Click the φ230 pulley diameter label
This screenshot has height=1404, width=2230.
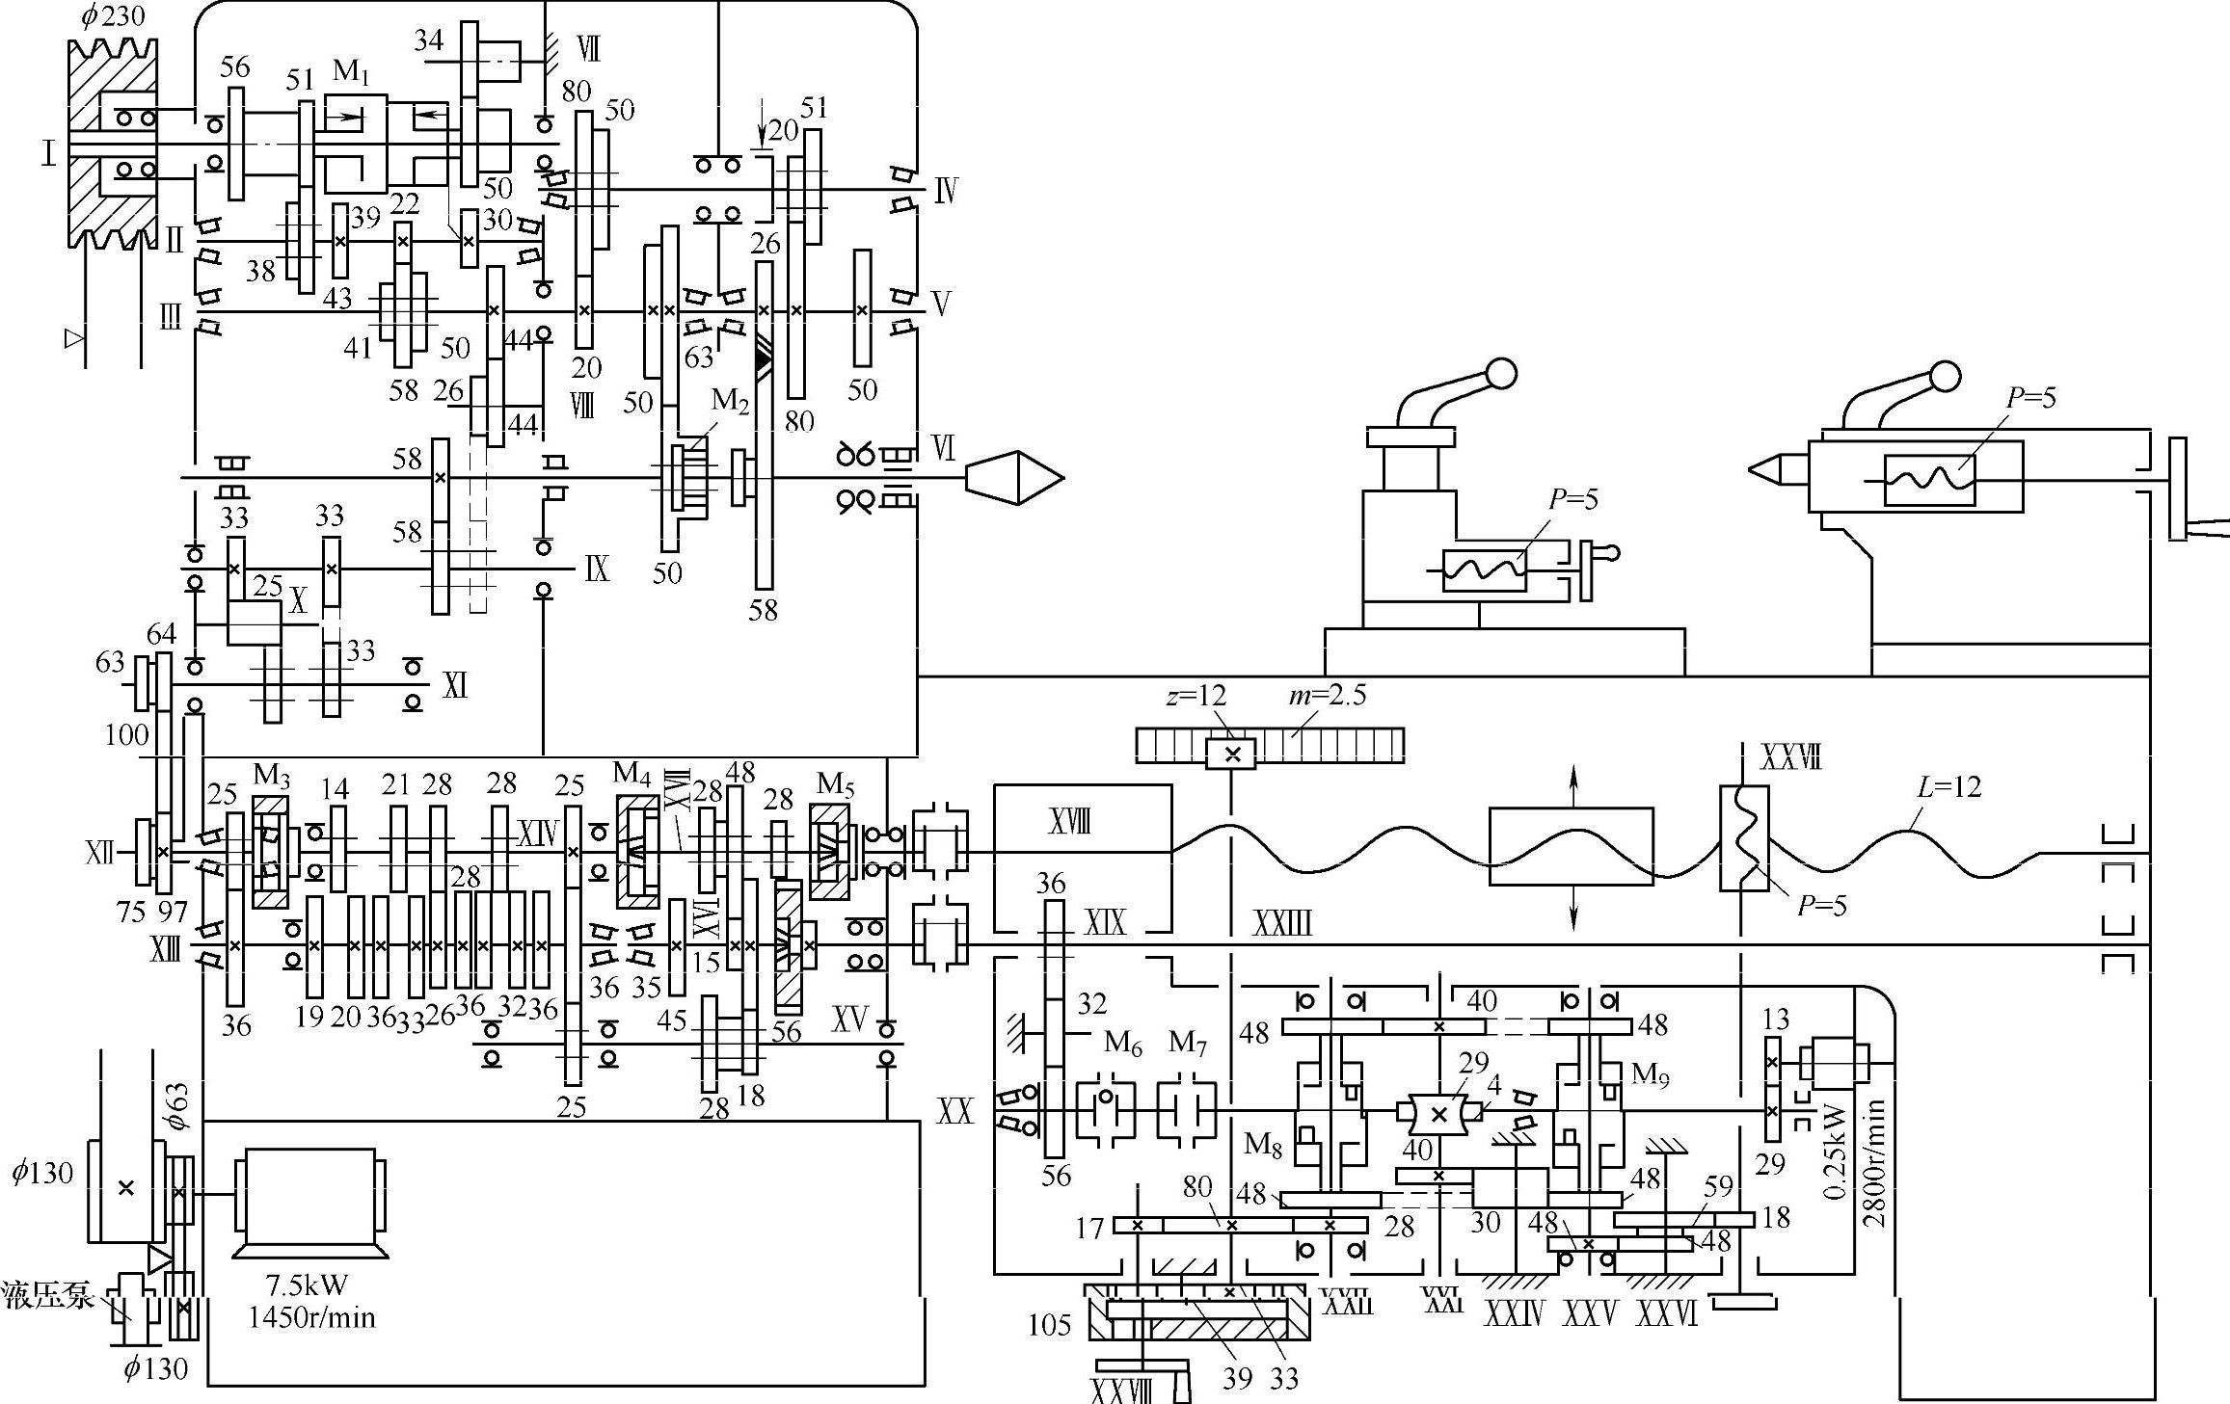click(x=112, y=16)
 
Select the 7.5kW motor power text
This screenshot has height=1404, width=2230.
click(x=310, y=1285)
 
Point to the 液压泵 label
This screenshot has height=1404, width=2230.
click(x=47, y=1295)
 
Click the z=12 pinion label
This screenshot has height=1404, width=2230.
click(x=1196, y=695)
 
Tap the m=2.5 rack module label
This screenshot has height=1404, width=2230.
click(x=1329, y=695)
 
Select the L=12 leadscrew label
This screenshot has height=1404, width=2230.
click(x=1948, y=787)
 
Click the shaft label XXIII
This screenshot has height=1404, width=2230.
click(x=1282, y=924)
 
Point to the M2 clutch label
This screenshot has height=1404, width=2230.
click(x=730, y=402)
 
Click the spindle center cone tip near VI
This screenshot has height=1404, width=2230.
click(x=1063, y=478)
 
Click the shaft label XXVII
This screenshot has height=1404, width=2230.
click(x=1791, y=758)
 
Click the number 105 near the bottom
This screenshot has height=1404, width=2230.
click(x=1049, y=1326)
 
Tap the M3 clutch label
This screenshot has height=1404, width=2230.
click(x=272, y=774)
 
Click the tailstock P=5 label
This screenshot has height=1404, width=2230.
click(x=2031, y=398)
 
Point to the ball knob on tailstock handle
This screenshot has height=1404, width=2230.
click(x=1946, y=376)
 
